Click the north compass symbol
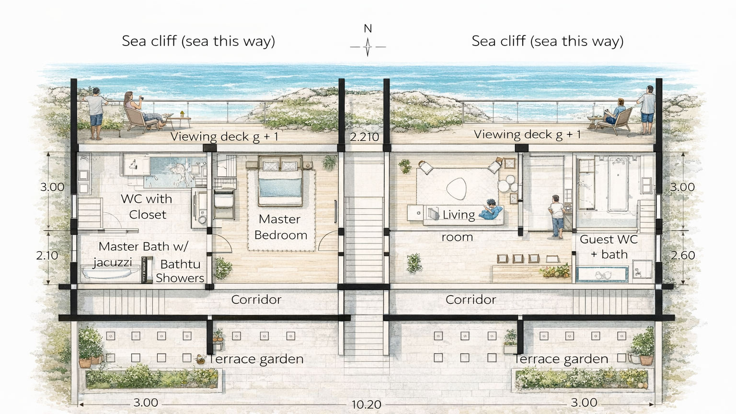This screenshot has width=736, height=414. (x=368, y=46)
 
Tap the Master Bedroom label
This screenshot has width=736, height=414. (x=280, y=227)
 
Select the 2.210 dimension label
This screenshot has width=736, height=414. (x=364, y=137)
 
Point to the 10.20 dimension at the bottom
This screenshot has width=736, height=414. (x=366, y=404)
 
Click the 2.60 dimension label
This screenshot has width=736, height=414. (x=682, y=255)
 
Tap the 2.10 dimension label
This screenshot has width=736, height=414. (x=47, y=255)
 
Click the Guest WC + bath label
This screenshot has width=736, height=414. (x=609, y=246)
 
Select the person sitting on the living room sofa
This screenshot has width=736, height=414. (x=492, y=209)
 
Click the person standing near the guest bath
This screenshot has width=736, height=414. (x=557, y=216)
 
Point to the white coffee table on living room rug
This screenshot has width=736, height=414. (x=456, y=188)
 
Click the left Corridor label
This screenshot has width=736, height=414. (x=256, y=300)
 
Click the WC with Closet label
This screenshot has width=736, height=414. (x=147, y=207)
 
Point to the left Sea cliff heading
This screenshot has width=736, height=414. (x=198, y=41)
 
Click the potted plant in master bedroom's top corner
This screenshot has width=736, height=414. (x=329, y=162)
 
